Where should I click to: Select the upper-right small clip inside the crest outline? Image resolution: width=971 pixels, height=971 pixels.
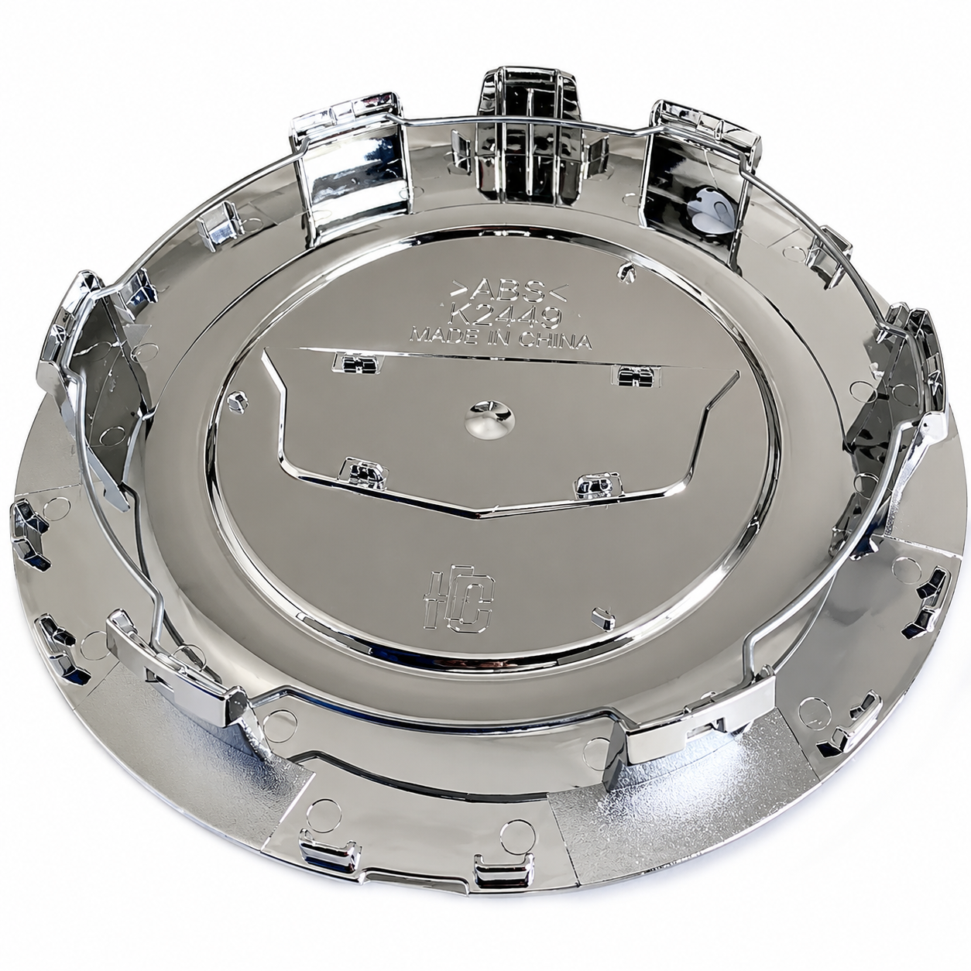[636, 376]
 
